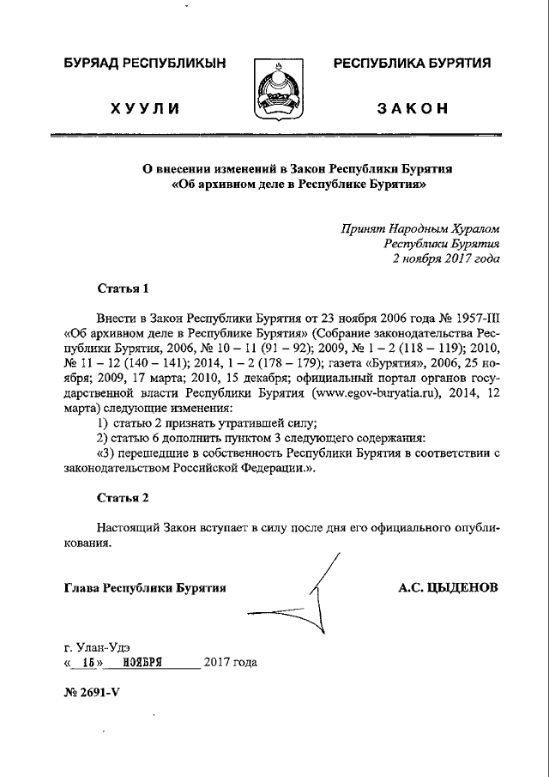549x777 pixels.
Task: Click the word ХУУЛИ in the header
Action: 145,108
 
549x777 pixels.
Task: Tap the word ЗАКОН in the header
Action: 412,108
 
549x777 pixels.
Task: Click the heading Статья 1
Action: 123,288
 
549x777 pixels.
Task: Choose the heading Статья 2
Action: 123,497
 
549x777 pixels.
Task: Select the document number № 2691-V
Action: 92,693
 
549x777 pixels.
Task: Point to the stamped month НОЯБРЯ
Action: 142,663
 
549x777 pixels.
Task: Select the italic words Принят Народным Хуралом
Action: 419,228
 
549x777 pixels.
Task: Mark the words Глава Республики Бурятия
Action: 144,589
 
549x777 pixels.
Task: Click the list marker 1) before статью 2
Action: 103,423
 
